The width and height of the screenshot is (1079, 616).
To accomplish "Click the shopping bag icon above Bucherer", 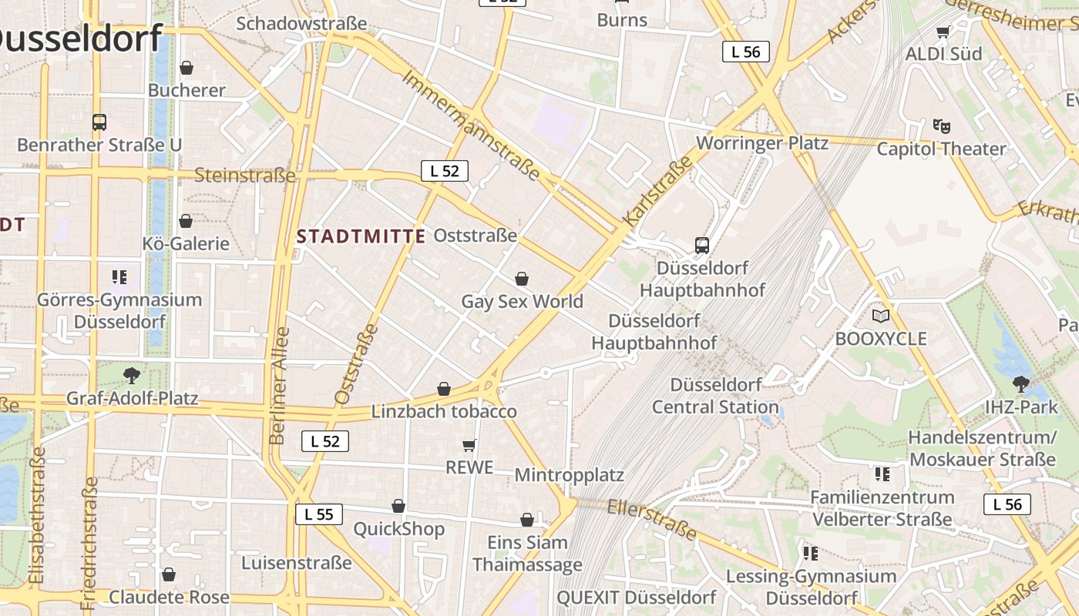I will [186, 68].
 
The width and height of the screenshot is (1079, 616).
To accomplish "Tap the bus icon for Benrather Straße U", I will [99, 122].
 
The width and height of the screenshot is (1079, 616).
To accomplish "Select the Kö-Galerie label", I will [186, 244].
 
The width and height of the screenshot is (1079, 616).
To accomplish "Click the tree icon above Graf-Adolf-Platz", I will [132, 376].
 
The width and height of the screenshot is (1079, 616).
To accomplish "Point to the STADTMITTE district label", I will [361, 236].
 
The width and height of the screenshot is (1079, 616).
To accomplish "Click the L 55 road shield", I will [318, 514].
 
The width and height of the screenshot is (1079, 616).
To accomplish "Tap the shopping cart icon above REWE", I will [469, 445].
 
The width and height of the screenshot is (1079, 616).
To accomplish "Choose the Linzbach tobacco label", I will [444, 411].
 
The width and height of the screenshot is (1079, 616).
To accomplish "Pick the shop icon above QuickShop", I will [398, 506].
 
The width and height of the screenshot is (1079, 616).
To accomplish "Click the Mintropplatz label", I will [569, 474].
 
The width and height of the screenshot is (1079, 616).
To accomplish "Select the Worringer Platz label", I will [762, 143].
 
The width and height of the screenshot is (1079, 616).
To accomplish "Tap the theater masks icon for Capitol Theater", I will [940, 126].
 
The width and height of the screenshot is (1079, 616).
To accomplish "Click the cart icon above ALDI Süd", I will [943, 32].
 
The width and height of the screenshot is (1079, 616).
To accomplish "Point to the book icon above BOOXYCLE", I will [880, 316].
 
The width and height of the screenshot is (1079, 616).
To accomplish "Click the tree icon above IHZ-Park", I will [1021, 383].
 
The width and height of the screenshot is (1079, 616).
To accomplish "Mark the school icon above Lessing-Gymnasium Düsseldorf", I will [810, 553].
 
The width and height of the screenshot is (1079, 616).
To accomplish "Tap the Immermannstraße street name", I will [471, 127].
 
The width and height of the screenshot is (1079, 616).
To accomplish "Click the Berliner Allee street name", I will [279, 385].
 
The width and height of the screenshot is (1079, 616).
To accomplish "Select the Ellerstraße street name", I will [652, 519].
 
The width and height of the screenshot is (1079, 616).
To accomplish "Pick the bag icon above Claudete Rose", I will [169, 574].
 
